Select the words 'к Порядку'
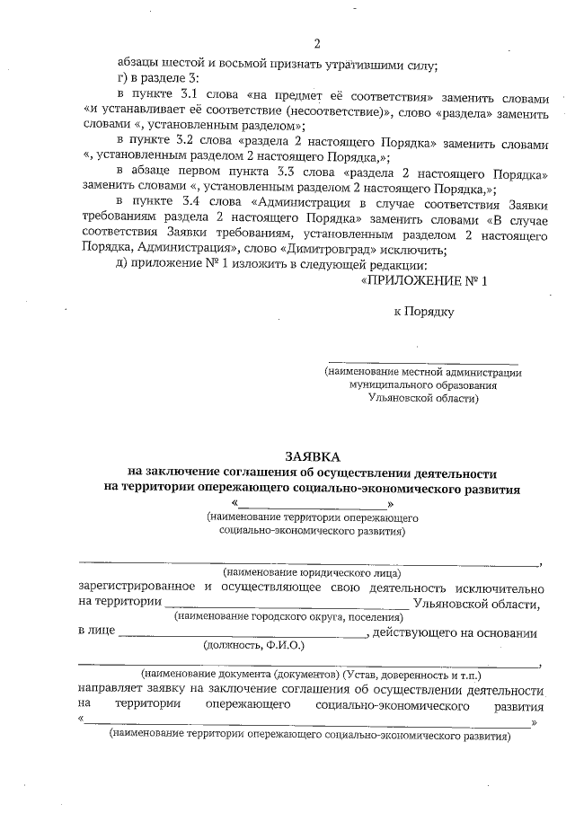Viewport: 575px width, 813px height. click(x=424, y=312)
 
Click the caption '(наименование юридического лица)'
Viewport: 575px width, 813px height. click(x=312, y=572)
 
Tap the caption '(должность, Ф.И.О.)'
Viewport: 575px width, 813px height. click(x=254, y=645)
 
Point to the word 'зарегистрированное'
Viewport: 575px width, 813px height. click(x=136, y=588)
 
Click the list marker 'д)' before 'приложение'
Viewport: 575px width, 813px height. click(x=125, y=266)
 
